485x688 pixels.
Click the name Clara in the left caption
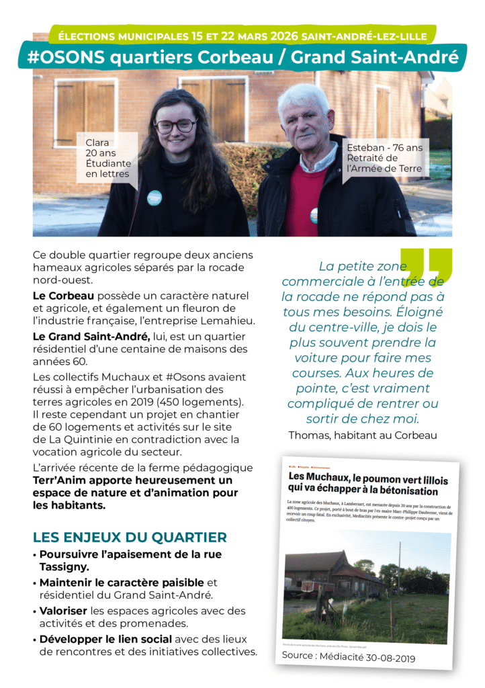pos(97,142)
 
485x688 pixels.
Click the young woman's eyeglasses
pos(175,126)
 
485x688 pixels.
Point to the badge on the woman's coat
pos(155,198)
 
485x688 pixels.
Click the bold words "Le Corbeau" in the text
pos(63,296)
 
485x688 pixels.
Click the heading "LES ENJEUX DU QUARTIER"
pos(130,537)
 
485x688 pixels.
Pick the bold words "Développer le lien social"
pos(105,638)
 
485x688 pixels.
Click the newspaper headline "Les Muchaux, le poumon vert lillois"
pos(368,476)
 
